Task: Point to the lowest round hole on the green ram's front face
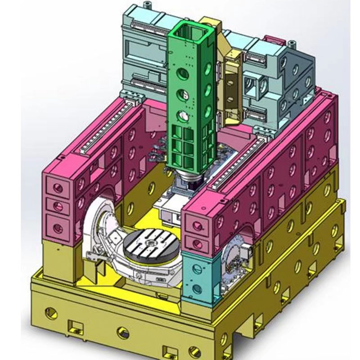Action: pos(183,117)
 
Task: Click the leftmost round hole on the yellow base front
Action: pos(50,312)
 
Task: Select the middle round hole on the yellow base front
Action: pos(123,333)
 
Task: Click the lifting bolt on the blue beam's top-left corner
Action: pos(146,6)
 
